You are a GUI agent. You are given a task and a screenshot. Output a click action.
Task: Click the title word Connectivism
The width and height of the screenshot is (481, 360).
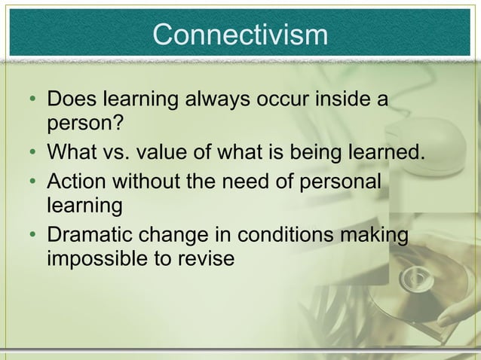point(240,35)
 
